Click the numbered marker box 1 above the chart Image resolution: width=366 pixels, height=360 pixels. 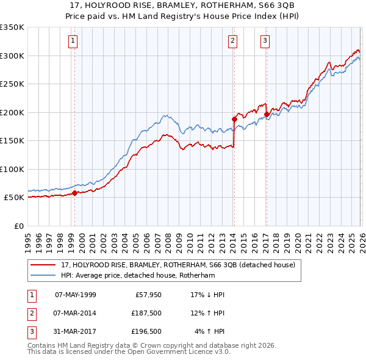click(73, 41)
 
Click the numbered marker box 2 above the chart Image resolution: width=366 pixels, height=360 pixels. click(233, 41)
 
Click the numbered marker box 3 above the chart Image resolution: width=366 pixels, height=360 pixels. click(265, 41)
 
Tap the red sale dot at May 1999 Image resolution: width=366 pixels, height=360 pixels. click(74, 193)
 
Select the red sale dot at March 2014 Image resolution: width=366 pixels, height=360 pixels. click(234, 119)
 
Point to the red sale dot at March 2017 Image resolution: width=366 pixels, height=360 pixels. click(267, 114)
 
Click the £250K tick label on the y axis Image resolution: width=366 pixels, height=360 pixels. click(12, 84)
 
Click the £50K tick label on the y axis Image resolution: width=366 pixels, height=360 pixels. click(14, 198)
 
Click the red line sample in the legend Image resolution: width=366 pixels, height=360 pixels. click(45, 265)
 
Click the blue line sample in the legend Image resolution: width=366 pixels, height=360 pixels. click(45, 275)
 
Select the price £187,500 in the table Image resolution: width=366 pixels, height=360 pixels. click(146, 313)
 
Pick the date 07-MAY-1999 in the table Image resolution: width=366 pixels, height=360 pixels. click(75, 295)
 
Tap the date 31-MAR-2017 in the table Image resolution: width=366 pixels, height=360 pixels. click(75, 331)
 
